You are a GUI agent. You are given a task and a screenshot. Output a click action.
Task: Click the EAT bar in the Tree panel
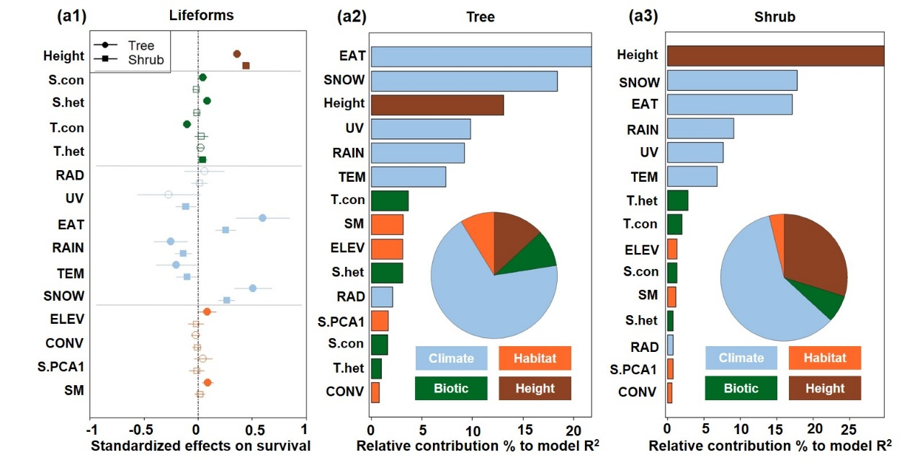tap(481, 57)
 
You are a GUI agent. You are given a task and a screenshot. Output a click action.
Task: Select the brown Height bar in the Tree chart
tap(437, 105)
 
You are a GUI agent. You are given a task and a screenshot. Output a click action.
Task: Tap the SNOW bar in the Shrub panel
tap(731, 80)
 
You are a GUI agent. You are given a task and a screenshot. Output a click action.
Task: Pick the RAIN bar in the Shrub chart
tap(700, 128)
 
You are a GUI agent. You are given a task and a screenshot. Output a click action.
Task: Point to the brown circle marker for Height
tap(236, 54)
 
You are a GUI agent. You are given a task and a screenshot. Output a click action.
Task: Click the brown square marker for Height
tap(246, 66)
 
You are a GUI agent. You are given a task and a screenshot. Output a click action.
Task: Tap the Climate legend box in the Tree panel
tap(451, 358)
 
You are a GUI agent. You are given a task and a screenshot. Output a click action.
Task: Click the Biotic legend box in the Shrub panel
tap(741, 388)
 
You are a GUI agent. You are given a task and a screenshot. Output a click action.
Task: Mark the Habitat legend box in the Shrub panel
tap(825, 358)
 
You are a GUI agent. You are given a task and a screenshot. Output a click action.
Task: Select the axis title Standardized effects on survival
tap(200, 446)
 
